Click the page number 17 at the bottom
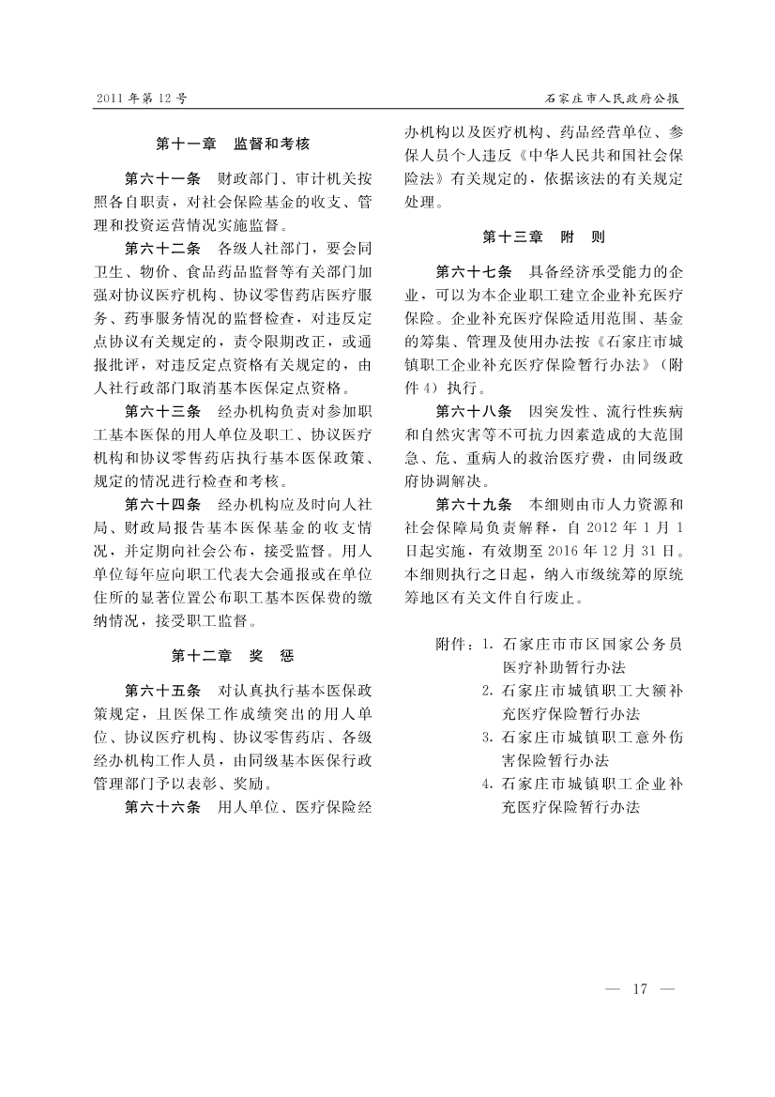[x=642, y=988]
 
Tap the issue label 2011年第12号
[x=141, y=97]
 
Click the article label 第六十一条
[x=162, y=177]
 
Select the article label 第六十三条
[x=162, y=410]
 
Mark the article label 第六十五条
[x=162, y=688]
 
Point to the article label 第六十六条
[x=162, y=806]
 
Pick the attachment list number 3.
[x=486, y=737]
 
